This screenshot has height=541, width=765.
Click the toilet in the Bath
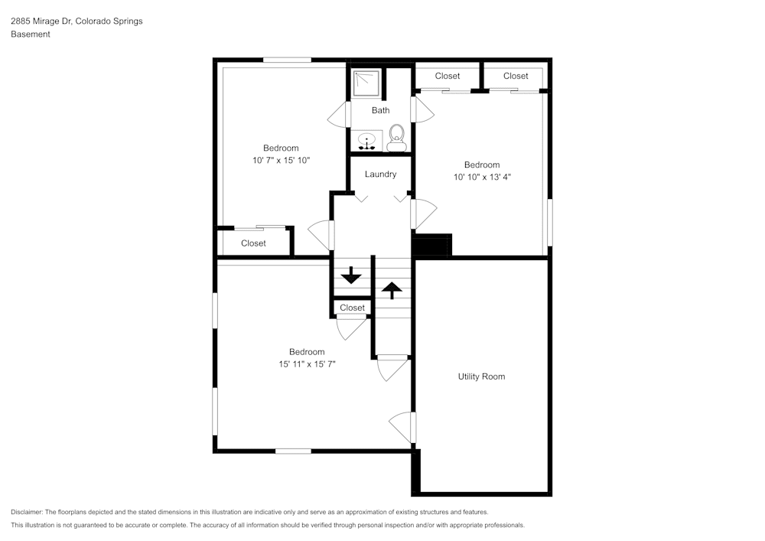(396, 138)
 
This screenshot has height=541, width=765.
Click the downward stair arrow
(351, 275)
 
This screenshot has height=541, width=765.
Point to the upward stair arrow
(392, 290)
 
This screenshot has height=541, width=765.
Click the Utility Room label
(481, 376)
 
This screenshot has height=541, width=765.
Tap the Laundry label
(380, 174)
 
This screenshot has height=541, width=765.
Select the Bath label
(380, 110)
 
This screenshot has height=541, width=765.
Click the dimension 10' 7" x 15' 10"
(281, 160)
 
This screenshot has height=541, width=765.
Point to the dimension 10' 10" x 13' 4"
(482, 177)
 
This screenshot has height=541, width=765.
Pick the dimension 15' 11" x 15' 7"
(307, 364)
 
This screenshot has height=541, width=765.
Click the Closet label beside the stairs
(352, 308)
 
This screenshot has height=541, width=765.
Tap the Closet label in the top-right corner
(516, 76)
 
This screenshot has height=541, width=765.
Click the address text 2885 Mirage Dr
(41, 21)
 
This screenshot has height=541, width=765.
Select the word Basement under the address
(31, 34)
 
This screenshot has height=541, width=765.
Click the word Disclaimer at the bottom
(26, 512)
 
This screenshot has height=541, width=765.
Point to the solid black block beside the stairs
(432, 244)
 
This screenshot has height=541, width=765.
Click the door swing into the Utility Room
(402, 427)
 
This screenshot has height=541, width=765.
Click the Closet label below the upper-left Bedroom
(253, 243)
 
